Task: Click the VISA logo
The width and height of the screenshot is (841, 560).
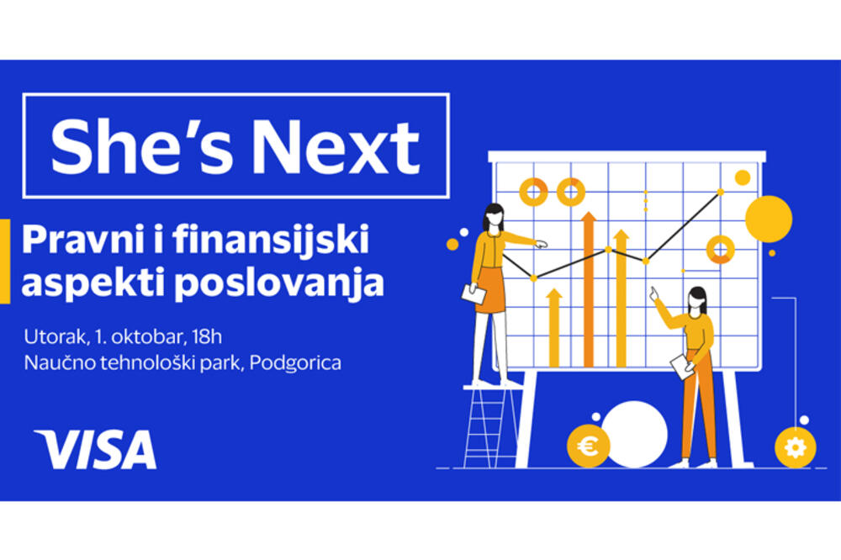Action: (95, 449)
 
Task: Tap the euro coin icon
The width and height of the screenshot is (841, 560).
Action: (588, 446)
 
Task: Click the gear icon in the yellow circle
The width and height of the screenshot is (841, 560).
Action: (795, 447)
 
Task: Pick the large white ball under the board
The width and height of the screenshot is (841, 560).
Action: (635, 434)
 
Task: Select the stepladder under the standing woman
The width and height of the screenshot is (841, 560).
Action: (490, 425)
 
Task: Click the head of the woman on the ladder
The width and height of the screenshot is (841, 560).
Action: (494, 216)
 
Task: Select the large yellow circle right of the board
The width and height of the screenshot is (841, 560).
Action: (768, 219)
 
